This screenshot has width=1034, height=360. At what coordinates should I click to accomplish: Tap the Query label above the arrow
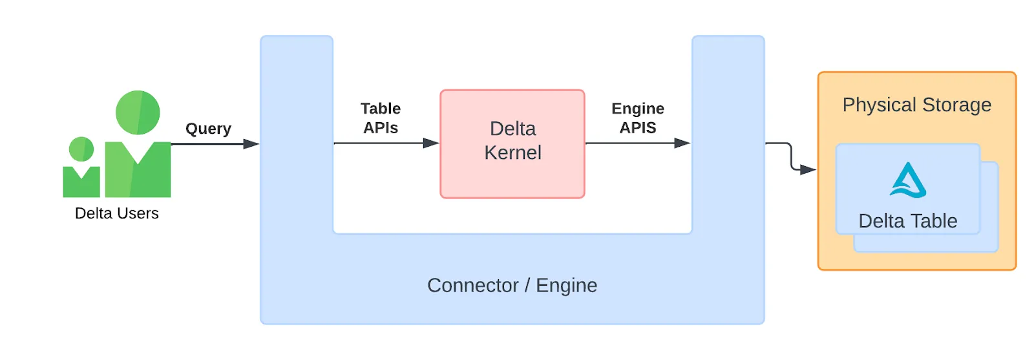click(x=208, y=129)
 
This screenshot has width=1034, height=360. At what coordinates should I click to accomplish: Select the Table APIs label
click(x=381, y=118)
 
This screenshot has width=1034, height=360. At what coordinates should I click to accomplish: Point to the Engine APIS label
click(x=638, y=118)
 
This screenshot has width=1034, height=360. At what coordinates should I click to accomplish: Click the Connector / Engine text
click(x=512, y=285)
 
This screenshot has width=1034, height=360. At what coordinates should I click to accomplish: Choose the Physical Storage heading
click(x=916, y=105)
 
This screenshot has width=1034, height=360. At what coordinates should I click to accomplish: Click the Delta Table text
click(x=907, y=221)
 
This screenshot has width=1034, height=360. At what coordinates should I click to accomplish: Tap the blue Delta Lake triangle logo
click(x=908, y=180)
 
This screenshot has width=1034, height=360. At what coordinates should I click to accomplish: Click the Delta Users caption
click(x=116, y=213)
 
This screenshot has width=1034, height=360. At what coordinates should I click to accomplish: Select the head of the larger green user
click(x=138, y=112)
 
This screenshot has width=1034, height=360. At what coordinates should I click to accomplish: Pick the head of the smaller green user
click(x=81, y=149)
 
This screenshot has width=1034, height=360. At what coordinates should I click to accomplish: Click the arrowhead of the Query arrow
click(x=251, y=143)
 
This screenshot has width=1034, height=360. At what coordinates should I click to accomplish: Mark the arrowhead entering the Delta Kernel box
click(x=431, y=143)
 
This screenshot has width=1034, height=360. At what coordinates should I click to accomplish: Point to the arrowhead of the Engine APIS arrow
click(x=682, y=143)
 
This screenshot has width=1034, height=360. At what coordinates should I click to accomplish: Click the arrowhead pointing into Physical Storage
click(x=808, y=170)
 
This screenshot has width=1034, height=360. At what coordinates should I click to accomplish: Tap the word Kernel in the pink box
click(x=512, y=153)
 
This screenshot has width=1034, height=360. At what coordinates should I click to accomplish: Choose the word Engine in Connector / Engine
click(x=566, y=285)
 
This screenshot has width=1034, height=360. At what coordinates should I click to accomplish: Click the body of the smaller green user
click(x=81, y=182)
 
